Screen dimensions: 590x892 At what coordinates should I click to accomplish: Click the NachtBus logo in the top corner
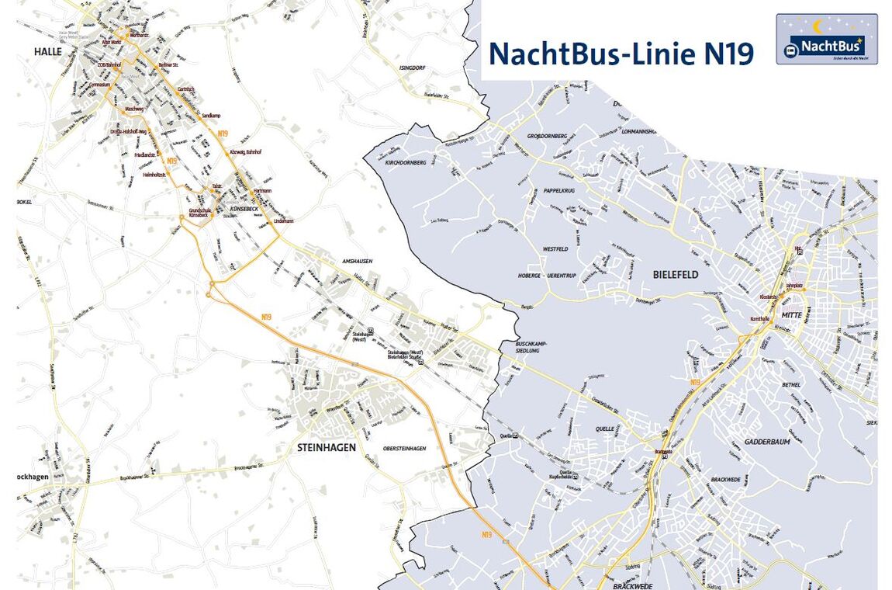click(826, 39)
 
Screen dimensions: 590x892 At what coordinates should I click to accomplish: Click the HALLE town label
click(47, 51)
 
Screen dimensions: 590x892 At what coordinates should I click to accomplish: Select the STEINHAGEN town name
click(326, 447)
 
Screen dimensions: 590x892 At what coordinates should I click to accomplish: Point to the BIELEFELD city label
click(675, 275)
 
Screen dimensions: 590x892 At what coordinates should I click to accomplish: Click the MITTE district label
click(791, 315)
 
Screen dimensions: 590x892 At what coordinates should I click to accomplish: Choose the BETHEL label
click(791, 385)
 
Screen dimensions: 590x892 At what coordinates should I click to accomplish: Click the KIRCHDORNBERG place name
click(406, 164)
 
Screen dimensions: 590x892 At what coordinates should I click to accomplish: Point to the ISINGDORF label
click(413, 68)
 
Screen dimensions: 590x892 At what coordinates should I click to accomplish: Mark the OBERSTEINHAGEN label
click(404, 449)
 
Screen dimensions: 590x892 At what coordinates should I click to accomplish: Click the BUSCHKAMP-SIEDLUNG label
click(532, 346)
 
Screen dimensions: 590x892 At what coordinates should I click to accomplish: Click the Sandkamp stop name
click(211, 115)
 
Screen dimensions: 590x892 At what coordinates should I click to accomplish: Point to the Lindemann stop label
click(284, 221)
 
